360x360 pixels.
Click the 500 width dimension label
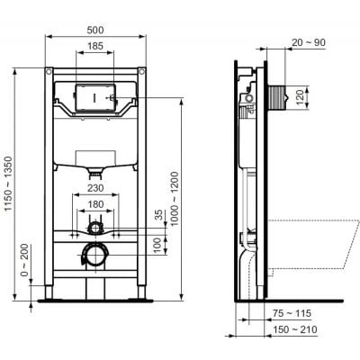(95, 30)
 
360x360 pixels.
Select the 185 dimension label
(95, 46)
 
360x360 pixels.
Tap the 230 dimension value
(95, 188)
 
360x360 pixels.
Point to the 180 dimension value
(95, 204)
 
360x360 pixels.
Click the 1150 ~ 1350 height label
(8, 184)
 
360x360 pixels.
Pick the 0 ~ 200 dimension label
(25, 260)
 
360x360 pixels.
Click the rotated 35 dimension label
(159, 215)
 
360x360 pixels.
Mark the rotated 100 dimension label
(159, 245)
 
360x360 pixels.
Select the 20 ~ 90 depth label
(309, 42)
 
